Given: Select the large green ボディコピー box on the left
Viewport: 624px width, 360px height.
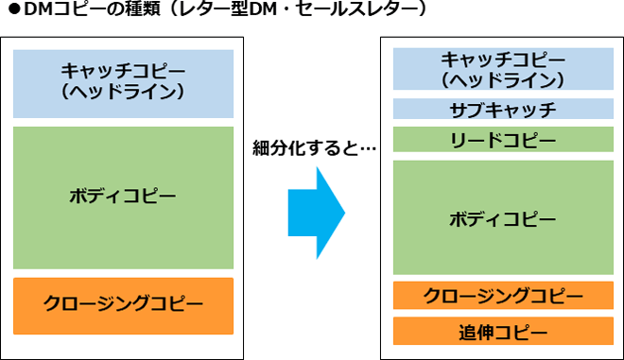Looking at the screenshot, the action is tap(123, 197).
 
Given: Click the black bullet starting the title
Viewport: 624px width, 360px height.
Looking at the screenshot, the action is tap(12, 11).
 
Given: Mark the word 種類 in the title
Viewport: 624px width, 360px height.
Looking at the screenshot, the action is tap(131, 11).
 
